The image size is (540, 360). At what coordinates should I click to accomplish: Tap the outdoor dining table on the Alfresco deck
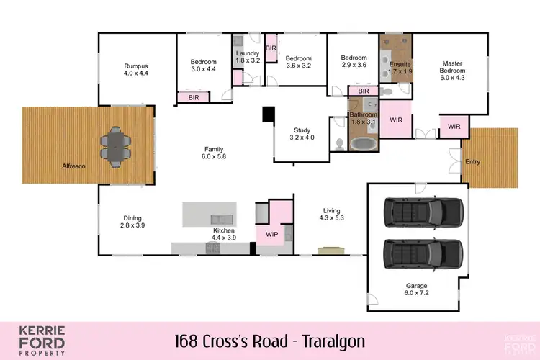tap(115, 146)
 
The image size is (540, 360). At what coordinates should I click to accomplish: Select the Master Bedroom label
tap(452, 66)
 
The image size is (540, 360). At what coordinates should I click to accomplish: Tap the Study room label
tap(302, 130)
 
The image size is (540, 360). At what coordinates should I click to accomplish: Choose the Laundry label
tap(246, 53)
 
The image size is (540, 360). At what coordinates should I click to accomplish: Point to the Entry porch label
tap(472, 161)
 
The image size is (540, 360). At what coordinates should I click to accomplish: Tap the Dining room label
tap(132, 218)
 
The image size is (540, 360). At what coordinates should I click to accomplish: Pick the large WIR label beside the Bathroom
tap(395, 120)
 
